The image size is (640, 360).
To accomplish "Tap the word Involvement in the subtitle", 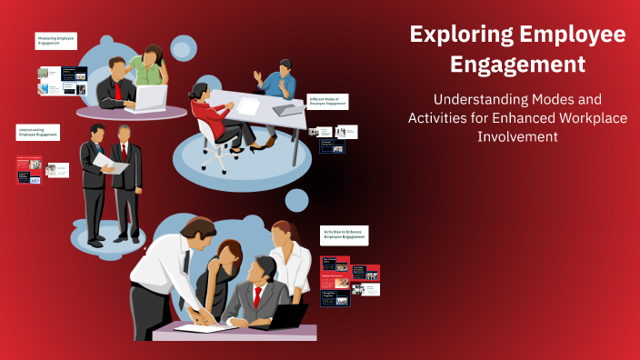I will (516, 136).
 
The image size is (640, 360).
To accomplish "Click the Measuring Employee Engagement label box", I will (55, 41).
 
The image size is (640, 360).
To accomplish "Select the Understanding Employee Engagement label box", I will (38, 133).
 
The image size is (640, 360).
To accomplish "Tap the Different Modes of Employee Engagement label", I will (328, 102).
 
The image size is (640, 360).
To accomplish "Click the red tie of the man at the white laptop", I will (118, 90).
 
